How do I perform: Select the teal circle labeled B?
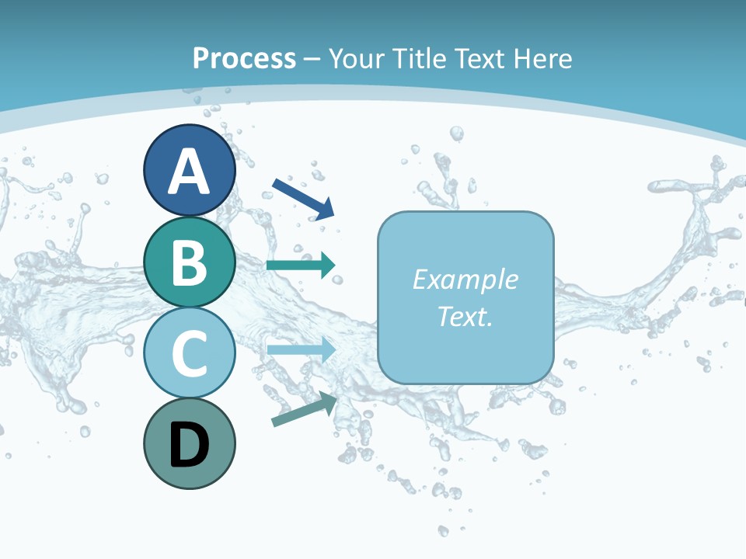(x=189, y=262)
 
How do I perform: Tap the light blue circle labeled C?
(x=189, y=353)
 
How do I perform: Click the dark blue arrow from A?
(x=303, y=198)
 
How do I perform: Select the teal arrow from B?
(x=301, y=265)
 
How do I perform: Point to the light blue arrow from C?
(x=301, y=349)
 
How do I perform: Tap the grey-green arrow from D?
(x=304, y=409)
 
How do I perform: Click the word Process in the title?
(x=244, y=58)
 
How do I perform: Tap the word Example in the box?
(x=465, y=279)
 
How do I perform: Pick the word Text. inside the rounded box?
(x=465, y=317)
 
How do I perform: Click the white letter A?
(x=189, y=172)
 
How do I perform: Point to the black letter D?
(x=189, y=445)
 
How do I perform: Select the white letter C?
(x=189, y=353)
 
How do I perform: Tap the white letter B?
(x=189, y=262)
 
